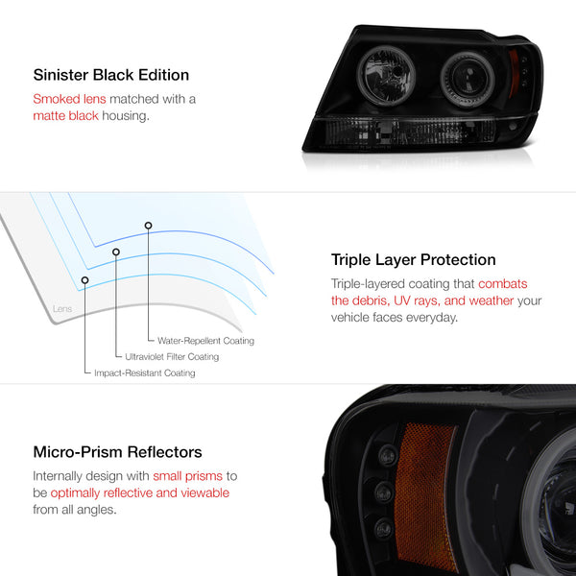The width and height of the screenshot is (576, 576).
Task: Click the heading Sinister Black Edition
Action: pos(111,75)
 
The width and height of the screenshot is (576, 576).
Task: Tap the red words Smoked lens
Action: pos(69,99)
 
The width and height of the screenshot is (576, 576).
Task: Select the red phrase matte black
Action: pos(65,116)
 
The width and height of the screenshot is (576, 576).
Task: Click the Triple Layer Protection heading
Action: pos(413,260)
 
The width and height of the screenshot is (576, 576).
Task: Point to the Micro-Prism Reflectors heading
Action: pos(117,452)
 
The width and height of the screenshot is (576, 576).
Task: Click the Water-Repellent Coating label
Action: pos(205,341)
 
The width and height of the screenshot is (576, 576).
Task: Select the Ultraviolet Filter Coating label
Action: pos(172,357)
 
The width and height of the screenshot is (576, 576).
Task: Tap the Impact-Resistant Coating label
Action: pos(145,372)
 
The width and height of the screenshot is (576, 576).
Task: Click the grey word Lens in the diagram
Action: pos(62,308)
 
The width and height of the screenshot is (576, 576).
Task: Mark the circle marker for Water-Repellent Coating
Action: pos(148,226)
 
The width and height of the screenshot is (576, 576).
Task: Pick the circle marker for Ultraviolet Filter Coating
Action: pos(116,252)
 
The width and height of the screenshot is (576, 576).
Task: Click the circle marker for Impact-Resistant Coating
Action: pos(84,280)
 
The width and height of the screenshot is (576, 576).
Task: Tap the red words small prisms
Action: pos(188,476)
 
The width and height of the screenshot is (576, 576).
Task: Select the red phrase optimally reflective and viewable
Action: pos(140,493)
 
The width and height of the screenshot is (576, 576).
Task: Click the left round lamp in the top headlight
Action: pos(386,76)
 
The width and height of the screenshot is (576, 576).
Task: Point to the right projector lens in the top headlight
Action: pos(468,79)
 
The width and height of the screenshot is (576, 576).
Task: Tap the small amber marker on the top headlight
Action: pos(514,74)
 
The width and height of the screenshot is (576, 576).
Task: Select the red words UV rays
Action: pos(417,300)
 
